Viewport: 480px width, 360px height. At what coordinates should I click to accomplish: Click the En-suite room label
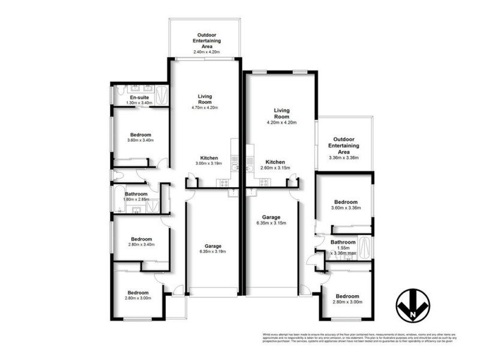pyautogui.click(x=139, y=97)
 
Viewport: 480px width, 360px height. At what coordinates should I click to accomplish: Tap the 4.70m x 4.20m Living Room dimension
pyautogui.click(x=205, y=108)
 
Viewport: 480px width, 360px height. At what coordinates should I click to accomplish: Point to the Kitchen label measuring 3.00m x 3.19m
pyautogui.click(x=205, y=158)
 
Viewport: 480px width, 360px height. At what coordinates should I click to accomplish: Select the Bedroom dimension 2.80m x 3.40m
pyautogui.click(x=140, y=244)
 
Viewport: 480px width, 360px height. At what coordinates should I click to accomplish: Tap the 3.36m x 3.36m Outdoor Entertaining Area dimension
pyautogui.click(x=344, y=158)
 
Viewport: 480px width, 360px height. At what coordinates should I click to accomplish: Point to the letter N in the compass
pyautogui.click(x=414, y=312)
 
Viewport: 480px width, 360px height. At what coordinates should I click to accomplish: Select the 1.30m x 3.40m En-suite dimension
pyautogui.click(x=139, y=103)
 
